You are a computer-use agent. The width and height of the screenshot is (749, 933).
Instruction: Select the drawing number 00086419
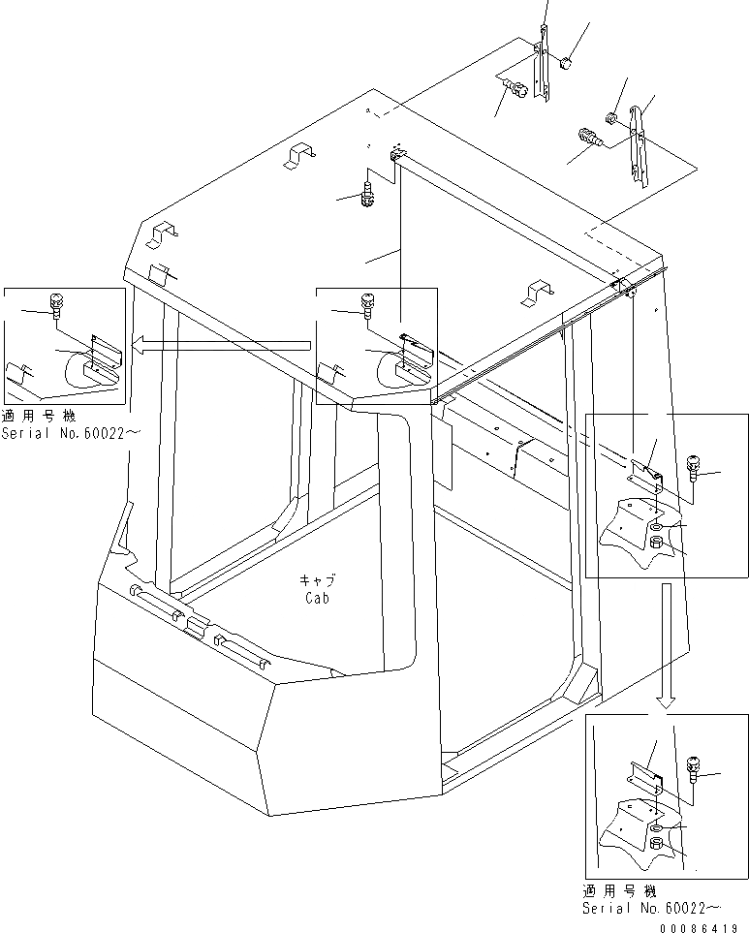coord(704,926)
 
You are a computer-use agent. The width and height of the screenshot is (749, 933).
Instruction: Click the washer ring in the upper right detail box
coord(656,527)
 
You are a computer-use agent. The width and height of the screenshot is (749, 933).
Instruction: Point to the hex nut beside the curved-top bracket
coord(612,119)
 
